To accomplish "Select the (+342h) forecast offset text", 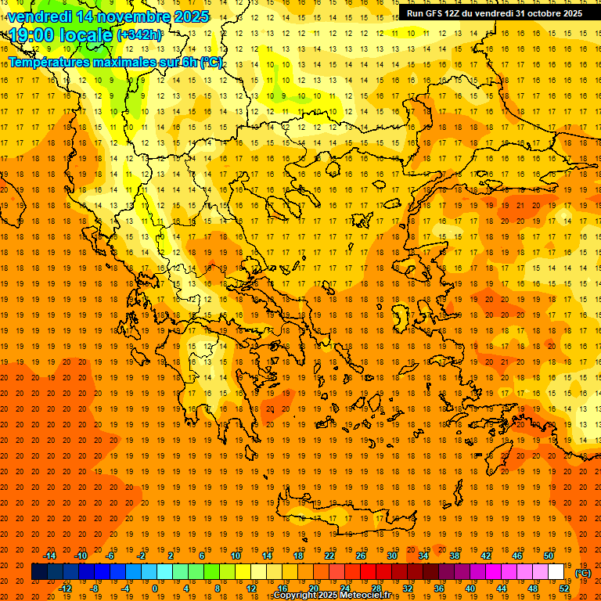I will coord(140,35).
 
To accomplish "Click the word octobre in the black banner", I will coord(539,13).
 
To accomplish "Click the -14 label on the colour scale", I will coord(50,556).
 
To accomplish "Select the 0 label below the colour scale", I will coord(154,588).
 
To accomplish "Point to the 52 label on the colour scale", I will coord(564,588).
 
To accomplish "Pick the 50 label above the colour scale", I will coord(549,556).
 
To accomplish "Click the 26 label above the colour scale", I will coord(360,556).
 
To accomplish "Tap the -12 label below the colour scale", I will coord(65,588).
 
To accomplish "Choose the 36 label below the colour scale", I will coord(438,588).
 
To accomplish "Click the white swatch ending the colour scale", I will coord(556,572).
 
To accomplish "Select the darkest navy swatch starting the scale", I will coord(39,572).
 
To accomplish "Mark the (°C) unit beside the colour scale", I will coord(583,573).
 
